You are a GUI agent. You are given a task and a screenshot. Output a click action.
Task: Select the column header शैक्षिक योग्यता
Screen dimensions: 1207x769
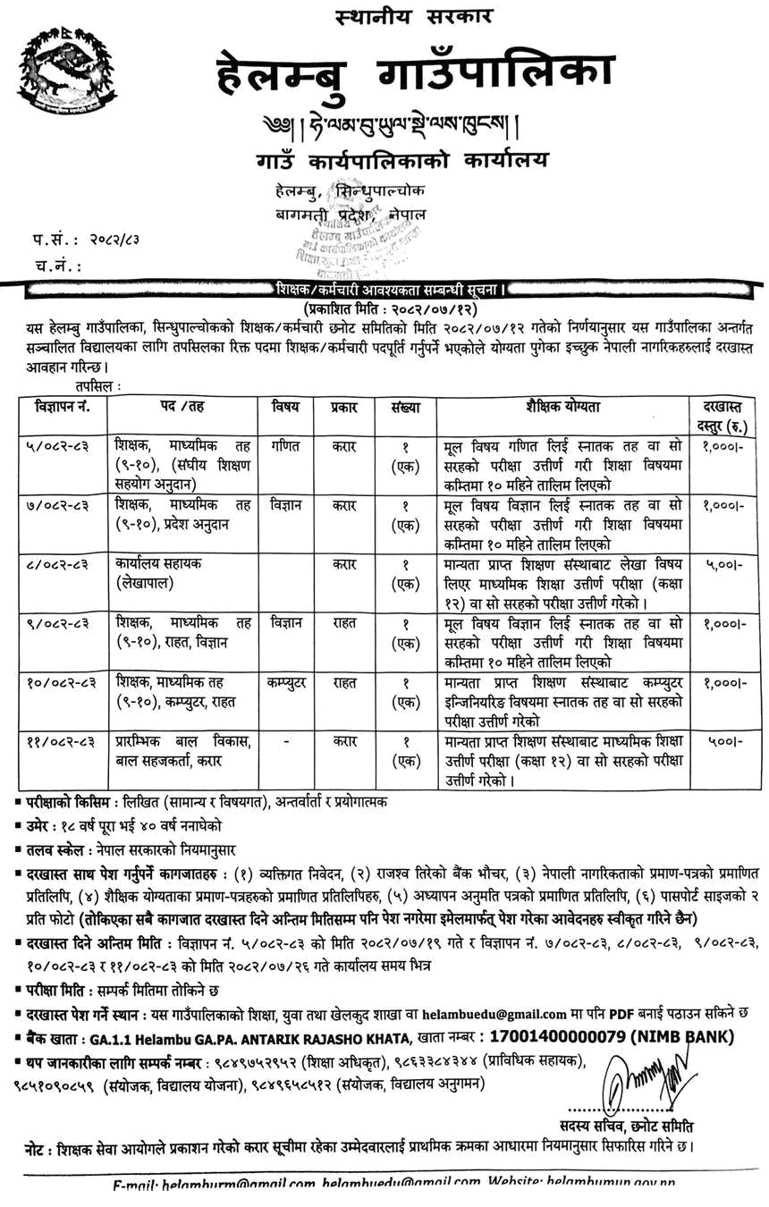(563, 407)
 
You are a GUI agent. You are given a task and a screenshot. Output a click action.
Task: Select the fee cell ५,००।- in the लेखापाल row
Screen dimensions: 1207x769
(724, 565)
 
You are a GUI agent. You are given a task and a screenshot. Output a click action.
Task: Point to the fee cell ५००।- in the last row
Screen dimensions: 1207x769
(724, 741)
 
